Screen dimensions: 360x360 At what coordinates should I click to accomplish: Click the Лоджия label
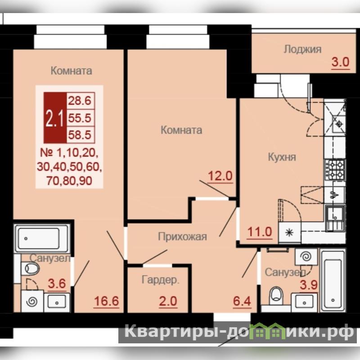tap(302, 49)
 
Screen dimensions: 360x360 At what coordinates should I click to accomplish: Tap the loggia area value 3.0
tap(341, 62)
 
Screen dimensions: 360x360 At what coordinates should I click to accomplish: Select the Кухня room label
tap(282, 157)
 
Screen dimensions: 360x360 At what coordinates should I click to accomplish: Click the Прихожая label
tap(182, 237)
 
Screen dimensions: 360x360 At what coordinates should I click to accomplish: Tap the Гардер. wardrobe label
tap(160, 280)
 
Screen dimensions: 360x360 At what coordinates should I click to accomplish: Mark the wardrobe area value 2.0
tap(168, 301)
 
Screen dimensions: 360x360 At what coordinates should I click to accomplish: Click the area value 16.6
tap(106, 301)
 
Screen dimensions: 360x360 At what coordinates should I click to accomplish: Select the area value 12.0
tap(220, 176)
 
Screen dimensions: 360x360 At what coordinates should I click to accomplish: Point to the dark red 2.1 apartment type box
tap(55, 117)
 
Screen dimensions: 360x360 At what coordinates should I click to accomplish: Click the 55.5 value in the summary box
tap(80, 118)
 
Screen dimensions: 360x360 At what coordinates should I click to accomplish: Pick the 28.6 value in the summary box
tap(80, 100)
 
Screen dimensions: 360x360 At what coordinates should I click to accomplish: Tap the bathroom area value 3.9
tap(309, 285)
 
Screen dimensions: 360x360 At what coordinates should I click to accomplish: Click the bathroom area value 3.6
tap(57, 283)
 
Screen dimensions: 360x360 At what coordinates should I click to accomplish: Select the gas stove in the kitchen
tap(335, 170)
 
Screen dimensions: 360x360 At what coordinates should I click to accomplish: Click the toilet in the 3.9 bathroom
tap(276, 296)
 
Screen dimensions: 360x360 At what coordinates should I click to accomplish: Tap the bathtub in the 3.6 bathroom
tap(41, 238)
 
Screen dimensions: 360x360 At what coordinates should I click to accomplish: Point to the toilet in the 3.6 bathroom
tap(30, 268)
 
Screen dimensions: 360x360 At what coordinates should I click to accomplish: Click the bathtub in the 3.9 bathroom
tap(333, 280)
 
